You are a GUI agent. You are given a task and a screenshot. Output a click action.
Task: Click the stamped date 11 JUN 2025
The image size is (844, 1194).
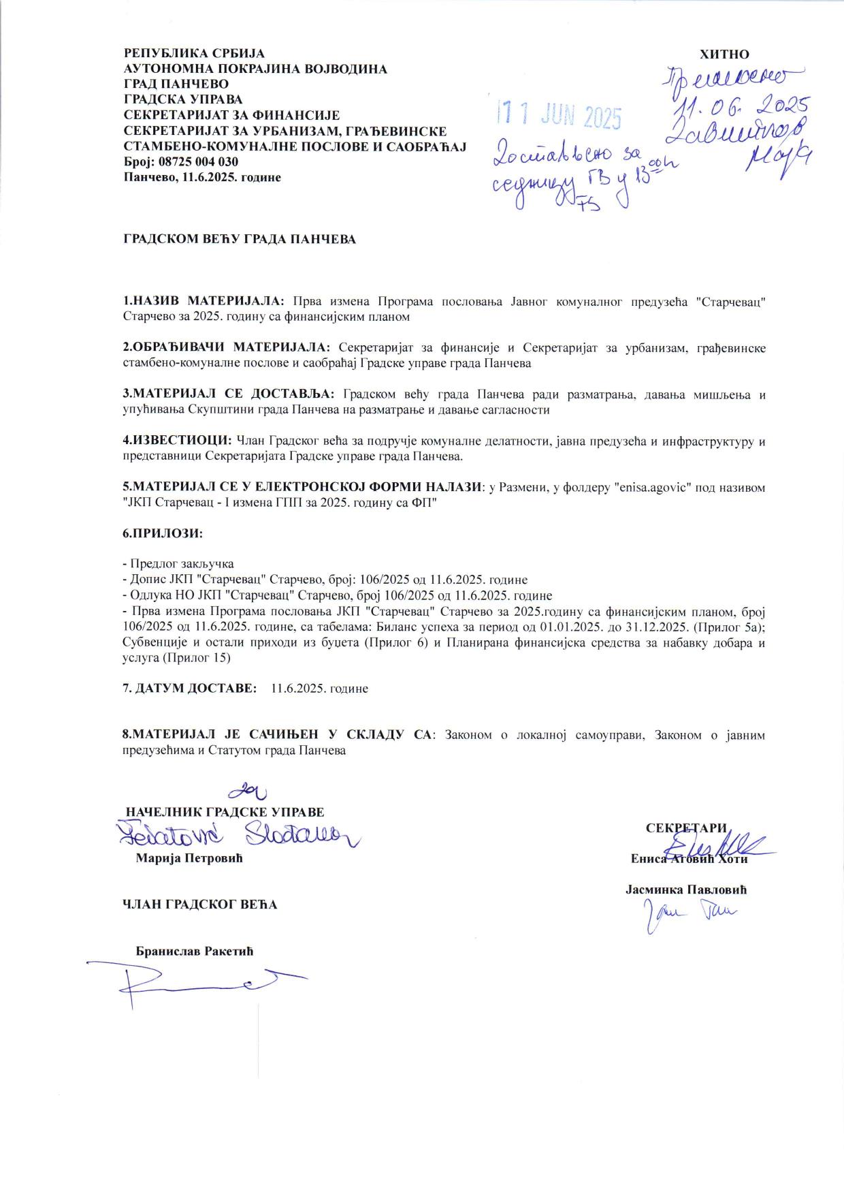click(x=559, y=116)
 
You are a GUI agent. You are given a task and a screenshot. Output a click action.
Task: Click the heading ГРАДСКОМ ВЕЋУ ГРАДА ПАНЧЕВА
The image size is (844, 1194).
click(x=239, y=240)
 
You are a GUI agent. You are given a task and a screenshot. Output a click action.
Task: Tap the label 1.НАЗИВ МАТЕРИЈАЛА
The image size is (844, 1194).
click(x=204, y=301)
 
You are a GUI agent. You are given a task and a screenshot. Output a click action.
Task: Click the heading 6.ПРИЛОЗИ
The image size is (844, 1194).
click(x=163, y=533)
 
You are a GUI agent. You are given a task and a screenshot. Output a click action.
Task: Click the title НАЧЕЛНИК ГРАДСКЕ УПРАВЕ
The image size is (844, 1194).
click(x=225, y=812)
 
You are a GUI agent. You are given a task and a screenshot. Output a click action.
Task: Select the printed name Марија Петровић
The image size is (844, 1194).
click(x=189, y=858)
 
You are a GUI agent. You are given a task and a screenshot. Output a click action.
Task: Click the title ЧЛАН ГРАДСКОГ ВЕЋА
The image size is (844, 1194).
click(x=199, y=905)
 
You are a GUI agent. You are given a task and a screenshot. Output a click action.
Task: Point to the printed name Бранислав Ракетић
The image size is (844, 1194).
click(x=195, y=951)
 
